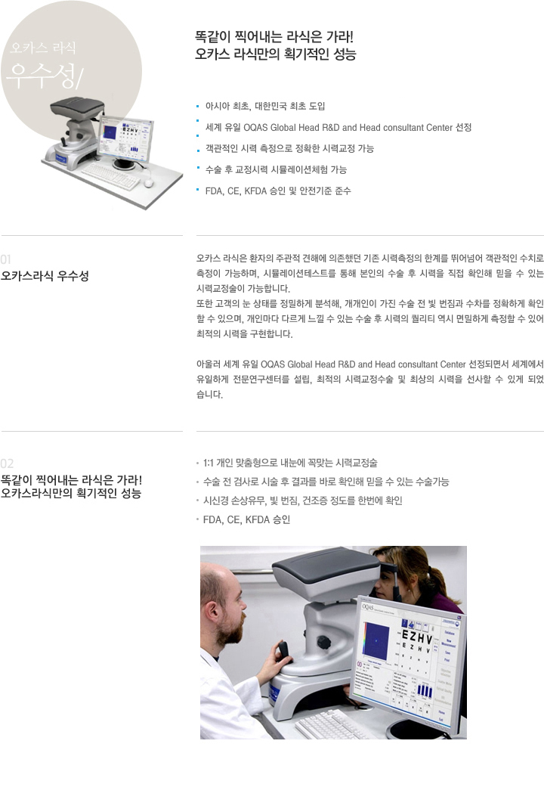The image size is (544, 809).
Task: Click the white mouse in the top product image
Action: (x=149, y=183)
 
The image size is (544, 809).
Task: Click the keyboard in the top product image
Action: (x=110, y=175)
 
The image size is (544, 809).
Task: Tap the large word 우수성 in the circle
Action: (x=42, y=76)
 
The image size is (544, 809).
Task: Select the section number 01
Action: (x=6, y=259)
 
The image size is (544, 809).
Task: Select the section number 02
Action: (x=8, y=463)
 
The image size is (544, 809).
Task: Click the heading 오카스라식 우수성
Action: (x=45, y=275)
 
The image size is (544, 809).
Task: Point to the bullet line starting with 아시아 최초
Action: (x=265, y=107)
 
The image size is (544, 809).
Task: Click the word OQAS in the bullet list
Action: (x=255, y=128)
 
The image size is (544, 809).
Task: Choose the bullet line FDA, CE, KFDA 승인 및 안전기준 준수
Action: (x=278, y=191)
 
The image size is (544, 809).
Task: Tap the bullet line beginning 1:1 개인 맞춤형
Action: (x=290, y=463)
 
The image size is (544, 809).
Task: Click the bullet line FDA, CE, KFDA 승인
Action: (x=246, y=519)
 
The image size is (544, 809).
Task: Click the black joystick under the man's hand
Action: (x=284, y=651)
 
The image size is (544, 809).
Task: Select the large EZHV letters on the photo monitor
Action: (x=416, y=637)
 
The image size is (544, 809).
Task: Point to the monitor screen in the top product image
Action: (x=125, y=138)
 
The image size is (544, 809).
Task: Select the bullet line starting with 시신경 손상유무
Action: (x=303, y=501)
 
